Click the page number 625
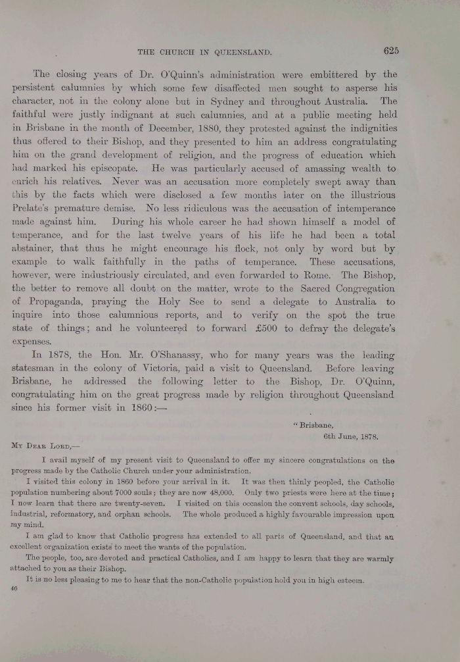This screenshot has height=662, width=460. coord(388,50)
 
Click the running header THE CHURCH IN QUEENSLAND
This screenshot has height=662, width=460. coord(204,52)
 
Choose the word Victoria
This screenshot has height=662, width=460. coord(193,369)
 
